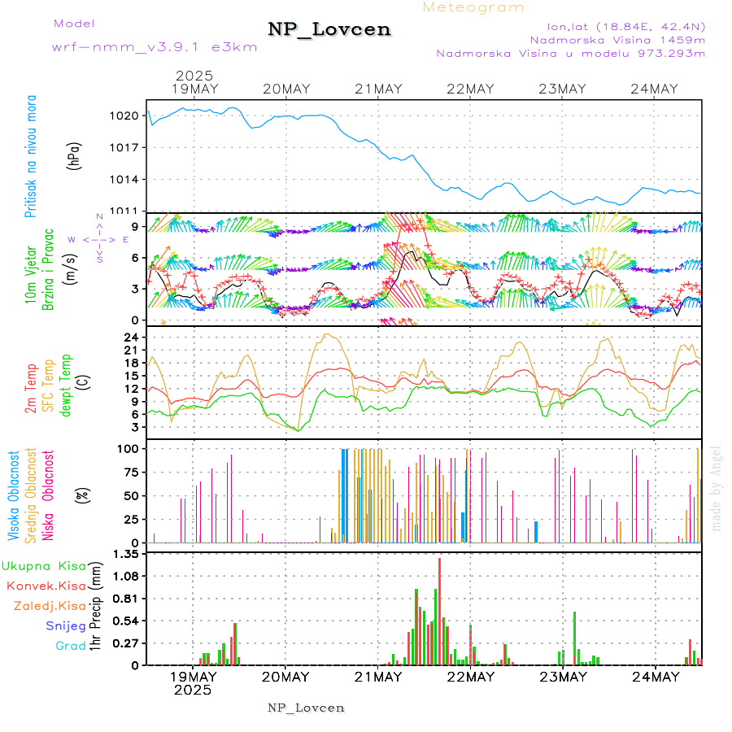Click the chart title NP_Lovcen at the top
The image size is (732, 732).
(329, 30)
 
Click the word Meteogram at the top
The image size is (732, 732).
(473, 7)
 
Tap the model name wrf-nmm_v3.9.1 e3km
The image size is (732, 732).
(155, 46)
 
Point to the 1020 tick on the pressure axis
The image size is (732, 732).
(125, 115)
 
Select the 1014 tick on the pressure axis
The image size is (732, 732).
(125, 179)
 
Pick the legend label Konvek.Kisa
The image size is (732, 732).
(46, 586)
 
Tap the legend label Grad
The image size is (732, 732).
(70, 646)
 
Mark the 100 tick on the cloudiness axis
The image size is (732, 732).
(129, 448)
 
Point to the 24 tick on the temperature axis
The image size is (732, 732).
(132, 338)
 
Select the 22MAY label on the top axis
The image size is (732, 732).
(471, 89)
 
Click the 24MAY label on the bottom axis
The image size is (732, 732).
(655, 677)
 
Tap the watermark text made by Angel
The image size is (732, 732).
(717, 488)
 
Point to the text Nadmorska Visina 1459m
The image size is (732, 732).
(617, 39)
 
